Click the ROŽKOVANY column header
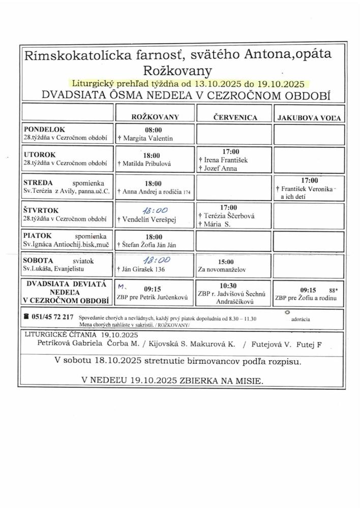(155, 117)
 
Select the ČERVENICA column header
(234, 117)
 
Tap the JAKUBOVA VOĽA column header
(308, 118)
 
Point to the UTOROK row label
(40, 154)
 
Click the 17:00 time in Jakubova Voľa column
(309, 180)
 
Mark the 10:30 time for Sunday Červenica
(234, 285)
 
